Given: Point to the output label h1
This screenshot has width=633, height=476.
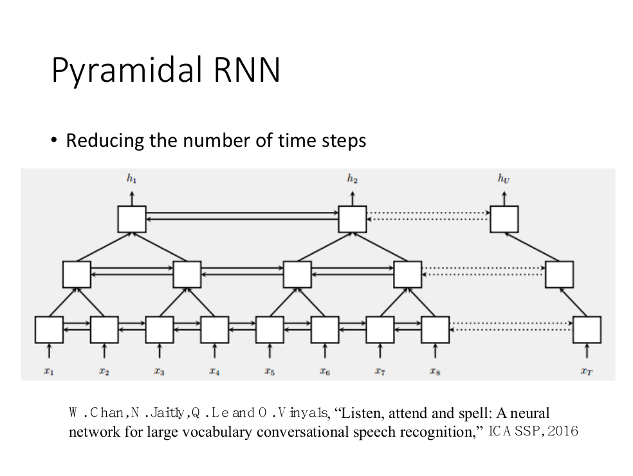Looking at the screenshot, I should click(131, 178).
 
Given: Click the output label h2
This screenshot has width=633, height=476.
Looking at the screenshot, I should click(353, 178).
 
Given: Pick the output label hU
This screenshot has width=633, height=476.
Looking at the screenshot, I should click(504, 178).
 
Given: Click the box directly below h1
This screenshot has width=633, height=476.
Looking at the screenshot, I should click(131, 219).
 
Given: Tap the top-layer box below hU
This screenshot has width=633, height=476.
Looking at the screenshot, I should click(504, 219).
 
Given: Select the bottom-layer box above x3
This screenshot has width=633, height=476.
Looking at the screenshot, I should click(159, 330).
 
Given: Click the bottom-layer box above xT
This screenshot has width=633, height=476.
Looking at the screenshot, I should click(586, 330).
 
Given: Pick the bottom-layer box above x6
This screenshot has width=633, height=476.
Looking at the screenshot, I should click(325, 330).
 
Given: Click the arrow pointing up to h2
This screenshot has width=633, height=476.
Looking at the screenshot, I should click(353, 196).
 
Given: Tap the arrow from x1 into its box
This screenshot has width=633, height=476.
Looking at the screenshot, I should click(49, 352).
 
